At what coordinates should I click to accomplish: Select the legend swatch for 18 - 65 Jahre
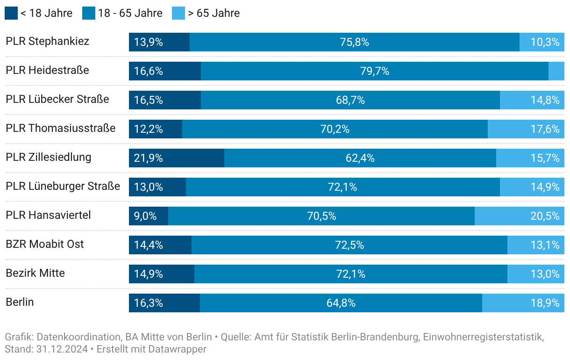(89, 13)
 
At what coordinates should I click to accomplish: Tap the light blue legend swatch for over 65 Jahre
(178, 13)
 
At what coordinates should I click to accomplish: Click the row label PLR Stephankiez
(47, 41)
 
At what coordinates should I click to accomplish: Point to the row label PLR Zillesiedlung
(48, 157)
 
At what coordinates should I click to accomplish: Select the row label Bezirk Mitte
(35, 273)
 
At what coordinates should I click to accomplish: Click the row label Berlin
(20, 302)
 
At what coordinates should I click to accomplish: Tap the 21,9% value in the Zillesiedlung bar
(148, 158)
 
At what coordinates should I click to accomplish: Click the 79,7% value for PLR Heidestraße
(375, 71)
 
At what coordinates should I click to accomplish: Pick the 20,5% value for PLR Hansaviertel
(545, 216)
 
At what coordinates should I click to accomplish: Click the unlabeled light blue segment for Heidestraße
(556, 71)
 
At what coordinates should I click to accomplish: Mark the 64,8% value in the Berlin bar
(341, 303)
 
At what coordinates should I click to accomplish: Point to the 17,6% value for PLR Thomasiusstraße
(545, 129)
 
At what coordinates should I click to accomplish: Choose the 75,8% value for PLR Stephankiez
(355, 42)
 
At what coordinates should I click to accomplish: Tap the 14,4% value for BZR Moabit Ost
(148, 245)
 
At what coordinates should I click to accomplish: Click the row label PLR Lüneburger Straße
(63, 186)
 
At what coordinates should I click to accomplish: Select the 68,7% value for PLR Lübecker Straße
(350, 100)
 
